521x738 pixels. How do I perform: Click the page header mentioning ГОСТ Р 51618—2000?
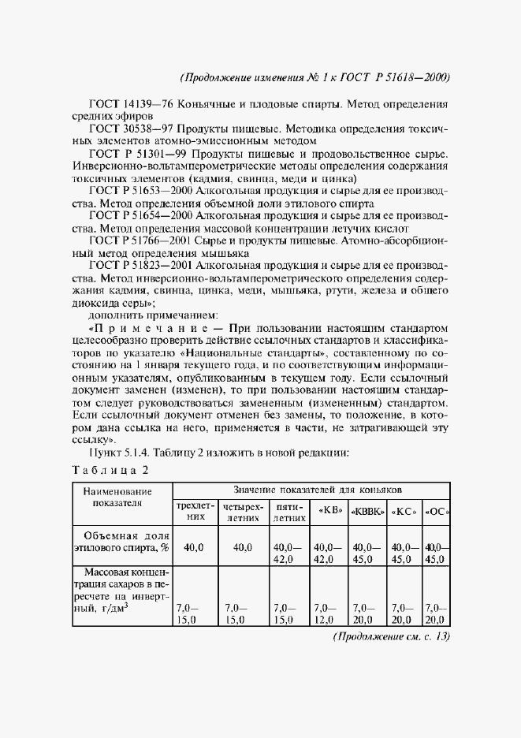click(x=314, y=77)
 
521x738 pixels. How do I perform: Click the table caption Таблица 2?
click(x=110, y=471)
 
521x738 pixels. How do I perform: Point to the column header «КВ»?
click(x=328, y=510)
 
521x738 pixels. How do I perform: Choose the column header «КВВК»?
click(x=367, y=510)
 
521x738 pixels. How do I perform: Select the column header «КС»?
click(x=406, y=510)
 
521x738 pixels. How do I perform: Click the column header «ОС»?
click(x=437, y=510)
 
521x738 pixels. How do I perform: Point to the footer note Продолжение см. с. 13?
click(x=391, y=636)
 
